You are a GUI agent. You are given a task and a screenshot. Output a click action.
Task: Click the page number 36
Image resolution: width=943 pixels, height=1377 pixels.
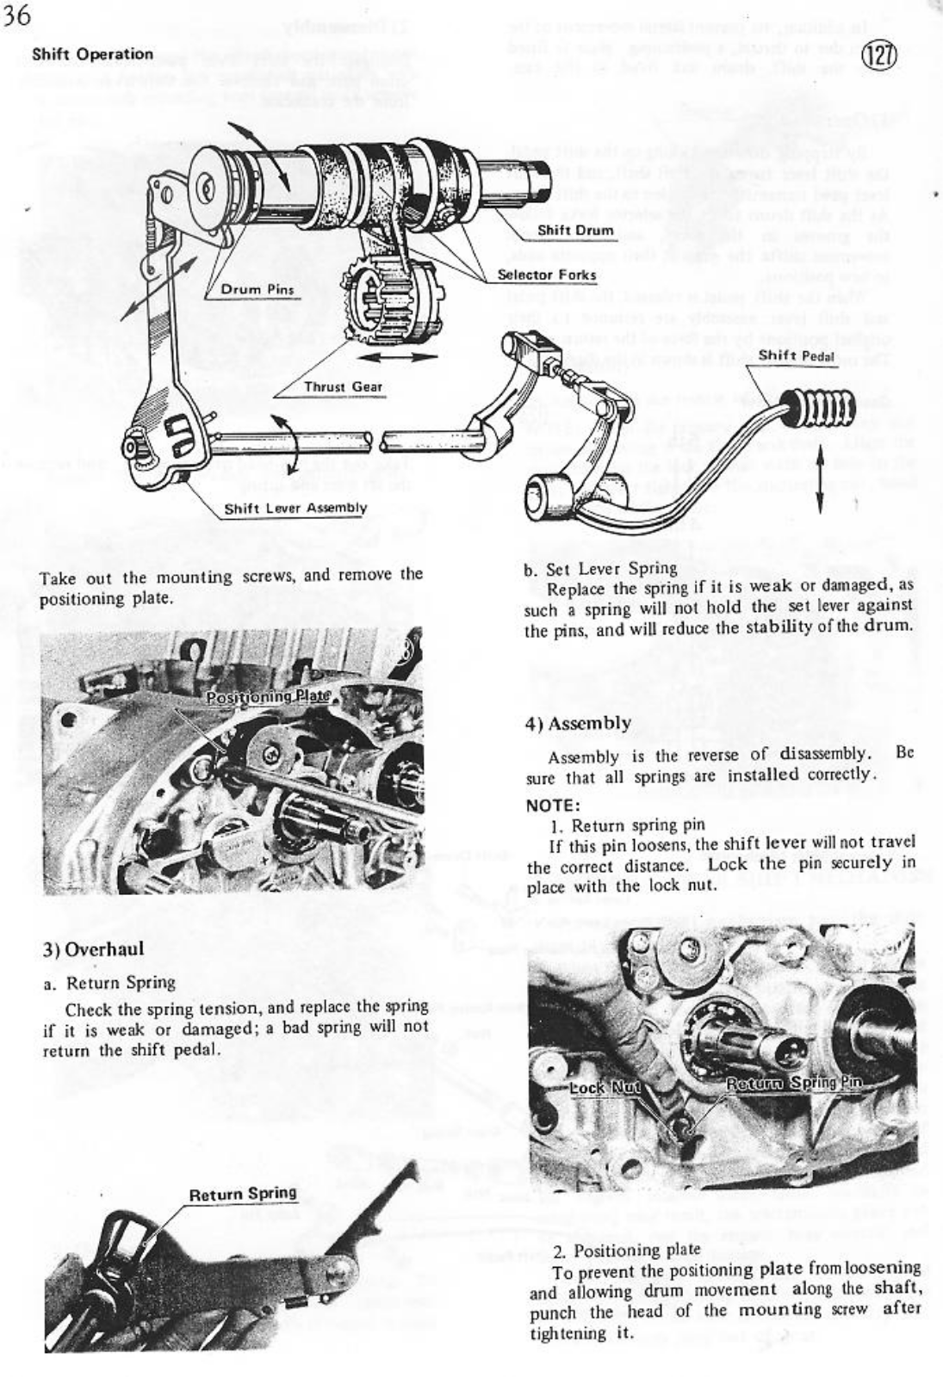pyautogui.click(x=16, y=18)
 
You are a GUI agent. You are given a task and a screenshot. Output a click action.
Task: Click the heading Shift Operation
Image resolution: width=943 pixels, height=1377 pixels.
pyautogui.click(x=92, y=54)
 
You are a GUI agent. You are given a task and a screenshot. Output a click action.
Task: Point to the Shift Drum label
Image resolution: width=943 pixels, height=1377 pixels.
pyautogui.click(x=575, y=230)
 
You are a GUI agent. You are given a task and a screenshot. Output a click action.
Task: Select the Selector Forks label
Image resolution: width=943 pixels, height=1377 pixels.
pyautogui.click(x=547, y=275)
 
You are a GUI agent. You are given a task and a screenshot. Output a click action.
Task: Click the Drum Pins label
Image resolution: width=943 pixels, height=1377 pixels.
pyautogui.click(x=257, y=289)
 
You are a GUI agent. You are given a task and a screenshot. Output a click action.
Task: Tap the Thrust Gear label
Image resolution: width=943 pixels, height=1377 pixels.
pyautogui.click(x=343, y=386)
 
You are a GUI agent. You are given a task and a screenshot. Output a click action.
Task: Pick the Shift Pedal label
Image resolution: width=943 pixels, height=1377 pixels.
pyautogui.click(x=797, y=355)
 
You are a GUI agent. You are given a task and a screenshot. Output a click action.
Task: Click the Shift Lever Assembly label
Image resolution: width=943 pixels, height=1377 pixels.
pyautogui.click(x=295, y=508)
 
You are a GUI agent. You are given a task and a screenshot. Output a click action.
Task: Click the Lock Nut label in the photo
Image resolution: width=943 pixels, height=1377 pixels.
pyautogui.click(x=605, y=1087)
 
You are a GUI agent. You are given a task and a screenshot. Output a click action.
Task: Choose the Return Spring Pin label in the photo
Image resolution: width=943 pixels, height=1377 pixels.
pyautogui.click(x=793, y=1083)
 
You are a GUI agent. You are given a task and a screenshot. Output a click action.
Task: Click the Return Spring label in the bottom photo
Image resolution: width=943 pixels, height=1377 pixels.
pyautogui.click(x=242, y=1194)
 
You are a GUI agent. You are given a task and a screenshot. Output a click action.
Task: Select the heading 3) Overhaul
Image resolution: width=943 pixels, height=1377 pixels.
pyautogui.click(x=93, y=949)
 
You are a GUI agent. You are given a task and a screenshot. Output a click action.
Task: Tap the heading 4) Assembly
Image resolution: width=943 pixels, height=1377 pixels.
pyautogui.click(x=578, y=723)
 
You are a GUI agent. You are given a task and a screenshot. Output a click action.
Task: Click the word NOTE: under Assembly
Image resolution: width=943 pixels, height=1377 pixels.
pyautogui.click(x=552, y=806)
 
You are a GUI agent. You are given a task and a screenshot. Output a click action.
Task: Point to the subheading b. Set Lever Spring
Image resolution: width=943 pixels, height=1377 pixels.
pyautogui.click(x=600, y=568)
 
